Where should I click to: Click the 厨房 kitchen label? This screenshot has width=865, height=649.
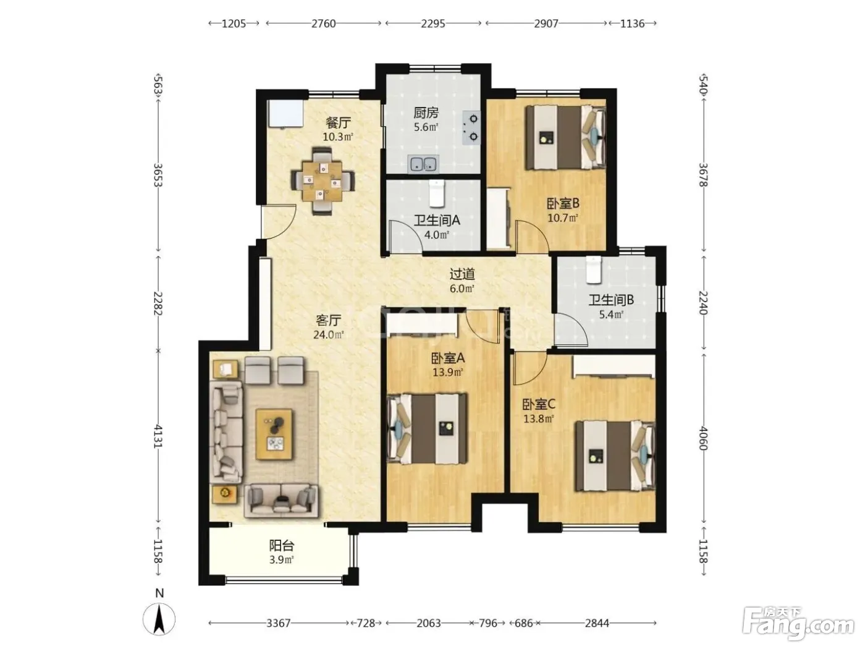pyautogui.click(x=426, y=113)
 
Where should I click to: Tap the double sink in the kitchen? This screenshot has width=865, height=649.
pyautogui.click(x=423, y=164)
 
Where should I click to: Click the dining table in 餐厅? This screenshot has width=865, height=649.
pyautogui.click(x=323, y=181)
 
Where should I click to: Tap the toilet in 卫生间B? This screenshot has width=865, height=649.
pyautogui.click(x=594, y=269)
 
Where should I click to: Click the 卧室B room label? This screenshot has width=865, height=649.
pyautogui.click(x=563, y=204)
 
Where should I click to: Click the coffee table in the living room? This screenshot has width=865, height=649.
pyautogui.click(x=274, y=435)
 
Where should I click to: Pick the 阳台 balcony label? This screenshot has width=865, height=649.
pyautogui.click(x=282, y=546)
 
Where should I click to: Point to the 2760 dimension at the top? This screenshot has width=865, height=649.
pyautogui.click(x=324, y=23)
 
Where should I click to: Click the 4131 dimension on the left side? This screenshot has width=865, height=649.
pyautogui.click(x=158, y=436)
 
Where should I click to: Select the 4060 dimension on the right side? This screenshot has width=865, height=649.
pyautogui.click(x=704, y=438)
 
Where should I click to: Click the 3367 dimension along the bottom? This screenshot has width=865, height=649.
pyautogui.click(x=279, y=624)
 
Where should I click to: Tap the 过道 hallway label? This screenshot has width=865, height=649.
pyautogui.click(x=462, y=274)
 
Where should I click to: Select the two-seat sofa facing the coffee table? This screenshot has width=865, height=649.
pyautogui.click(x=281, y=501)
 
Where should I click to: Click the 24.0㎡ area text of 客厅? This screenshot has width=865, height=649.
pyautogui.click(x=328, y=335)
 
